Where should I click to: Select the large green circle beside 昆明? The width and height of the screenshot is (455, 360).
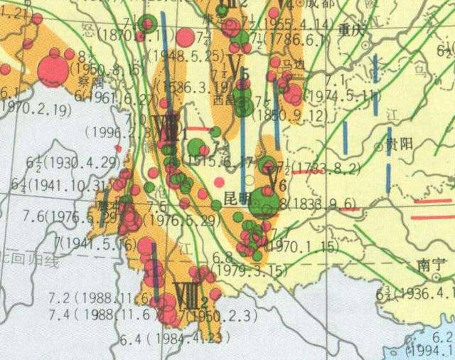(x=265, y=205)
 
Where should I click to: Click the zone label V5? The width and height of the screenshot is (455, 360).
(x=237, y=68)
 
